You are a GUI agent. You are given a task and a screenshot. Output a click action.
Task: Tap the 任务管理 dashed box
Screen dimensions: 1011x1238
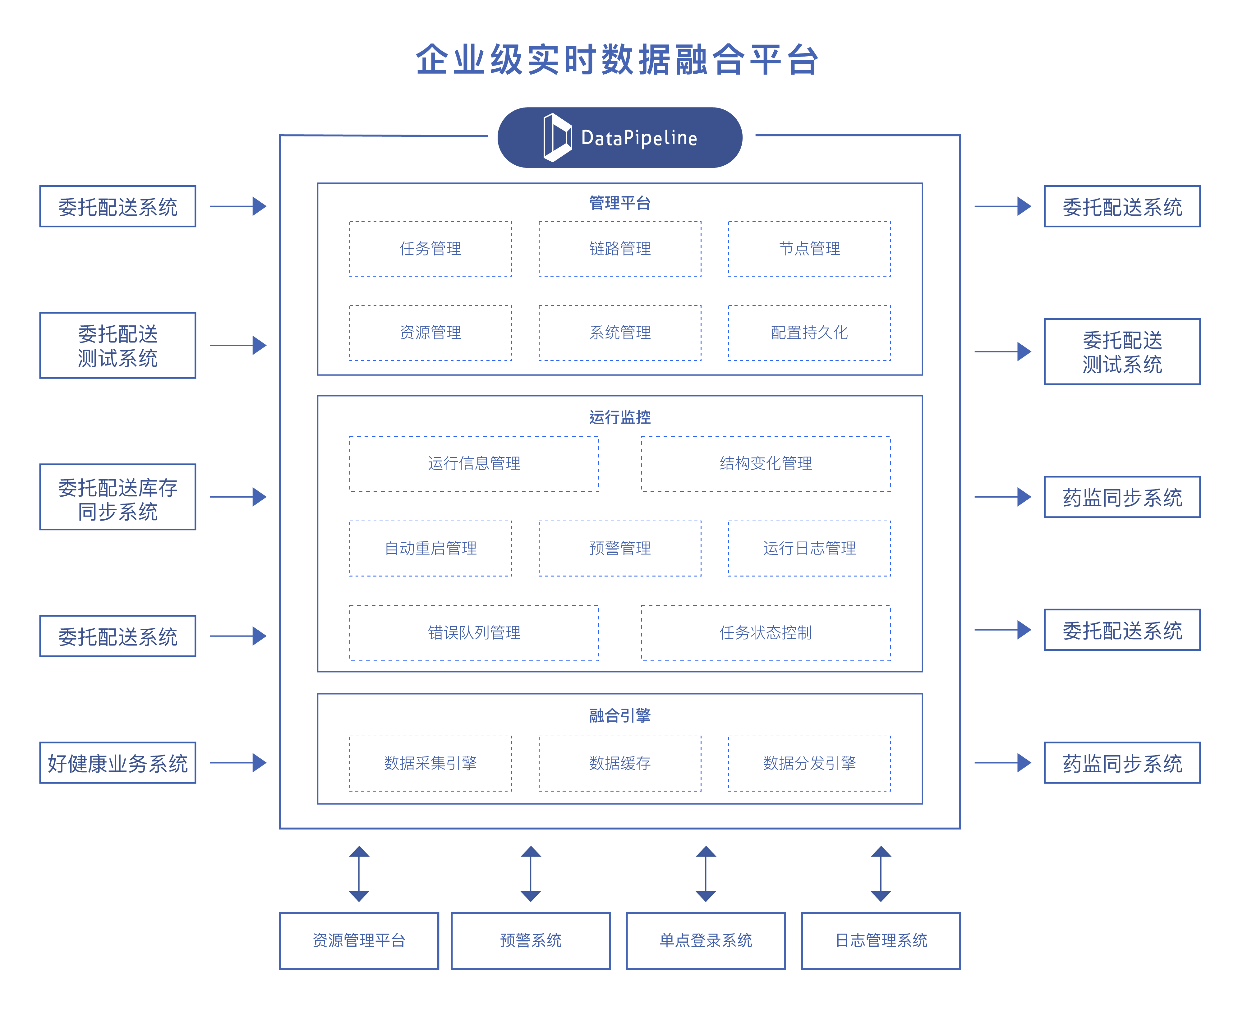[430, 249]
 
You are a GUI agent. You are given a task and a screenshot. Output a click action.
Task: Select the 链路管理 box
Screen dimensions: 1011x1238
[619, 249]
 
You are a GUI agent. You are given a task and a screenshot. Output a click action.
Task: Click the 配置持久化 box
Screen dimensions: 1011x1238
[809, 333]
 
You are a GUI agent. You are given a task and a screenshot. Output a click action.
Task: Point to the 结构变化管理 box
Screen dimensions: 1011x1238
[765, 464]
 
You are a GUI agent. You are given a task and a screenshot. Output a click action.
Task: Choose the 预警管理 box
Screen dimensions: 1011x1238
[619, 548]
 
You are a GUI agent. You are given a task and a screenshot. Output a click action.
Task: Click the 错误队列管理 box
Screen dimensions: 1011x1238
[474, 632]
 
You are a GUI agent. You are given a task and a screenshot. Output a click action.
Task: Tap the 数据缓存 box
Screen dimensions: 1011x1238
[619, 763]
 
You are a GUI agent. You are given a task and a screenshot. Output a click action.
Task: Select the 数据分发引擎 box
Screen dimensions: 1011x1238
[809, 763]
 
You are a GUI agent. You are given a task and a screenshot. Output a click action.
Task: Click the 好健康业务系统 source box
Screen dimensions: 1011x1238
[117, 763]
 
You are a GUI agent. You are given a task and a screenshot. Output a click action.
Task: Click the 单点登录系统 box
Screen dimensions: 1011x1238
[705, 940]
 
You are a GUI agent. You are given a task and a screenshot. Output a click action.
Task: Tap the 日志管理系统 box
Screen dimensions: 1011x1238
[881, 940]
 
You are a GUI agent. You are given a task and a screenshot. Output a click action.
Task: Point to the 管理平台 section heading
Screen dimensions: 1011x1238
[619, 203]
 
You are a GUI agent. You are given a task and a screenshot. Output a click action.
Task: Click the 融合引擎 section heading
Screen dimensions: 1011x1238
[619, 716]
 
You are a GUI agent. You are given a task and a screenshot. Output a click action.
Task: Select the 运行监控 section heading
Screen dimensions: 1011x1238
[619, 417]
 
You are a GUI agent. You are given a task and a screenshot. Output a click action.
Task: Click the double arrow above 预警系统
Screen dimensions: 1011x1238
[531, 874]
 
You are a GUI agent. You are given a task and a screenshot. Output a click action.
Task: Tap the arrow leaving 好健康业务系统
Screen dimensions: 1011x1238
[237, 763]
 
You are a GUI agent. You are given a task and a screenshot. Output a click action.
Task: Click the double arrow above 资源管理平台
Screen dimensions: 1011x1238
[359, 874]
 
